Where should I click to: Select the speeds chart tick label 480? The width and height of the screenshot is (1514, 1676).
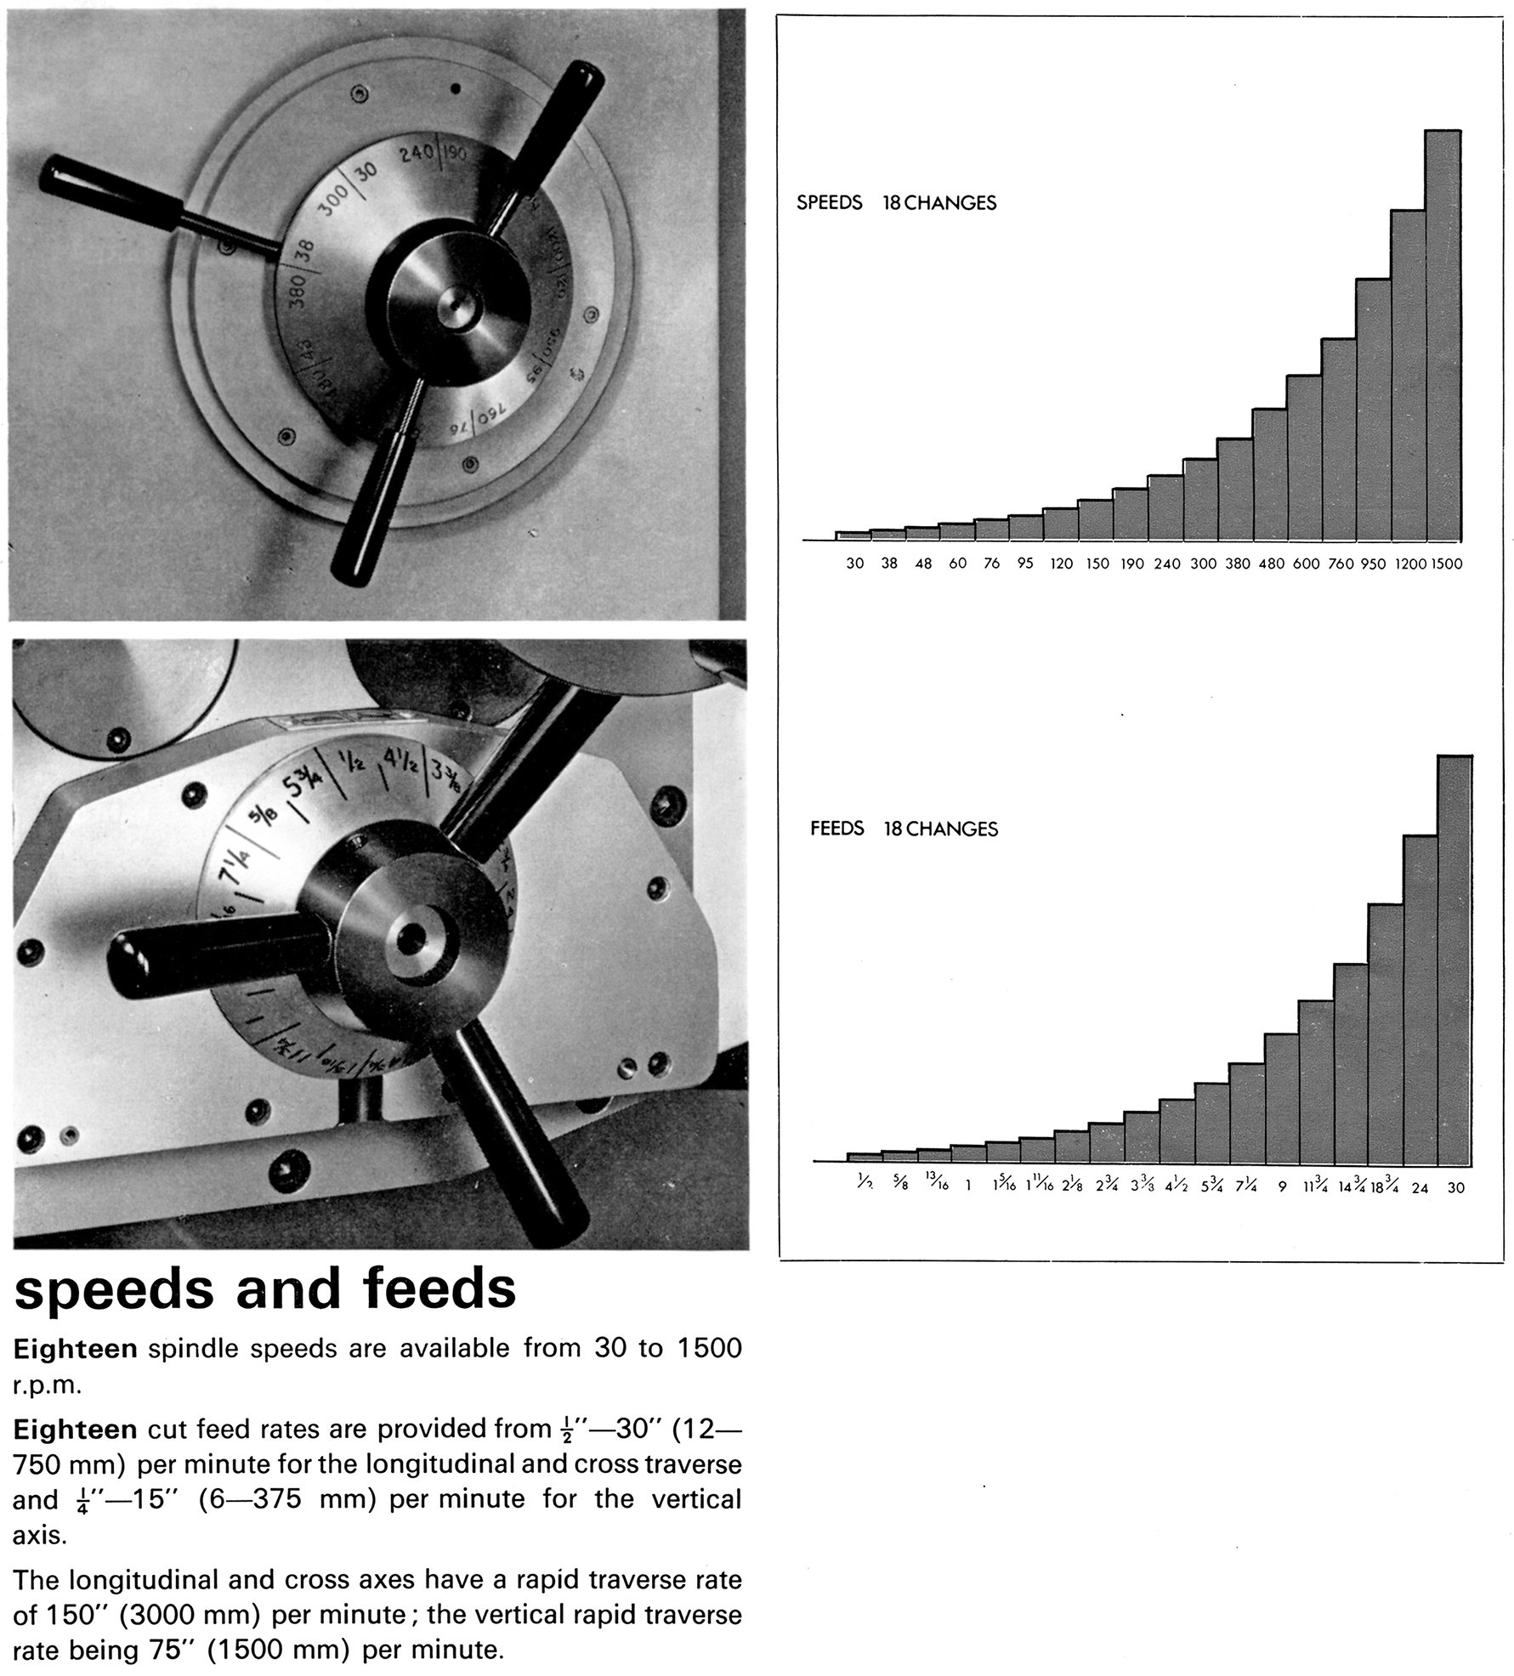(1271, 563)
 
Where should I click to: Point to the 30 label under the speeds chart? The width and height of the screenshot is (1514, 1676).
(854, 563)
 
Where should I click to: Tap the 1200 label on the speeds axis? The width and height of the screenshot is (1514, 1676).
(1409, 563)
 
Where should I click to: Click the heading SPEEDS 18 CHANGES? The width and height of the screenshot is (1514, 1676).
(896, 203)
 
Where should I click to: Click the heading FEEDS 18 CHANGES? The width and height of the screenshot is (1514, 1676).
(904, 829)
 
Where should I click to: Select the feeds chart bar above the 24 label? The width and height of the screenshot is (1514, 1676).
(1420, 1000)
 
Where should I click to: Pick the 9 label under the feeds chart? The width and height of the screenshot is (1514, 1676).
(1282, 1187)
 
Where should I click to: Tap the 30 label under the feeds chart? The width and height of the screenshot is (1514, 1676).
(1455, 1187)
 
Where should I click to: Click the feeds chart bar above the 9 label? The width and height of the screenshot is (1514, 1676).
(1281, 1099)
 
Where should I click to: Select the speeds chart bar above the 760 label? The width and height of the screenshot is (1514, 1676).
(1338, 439)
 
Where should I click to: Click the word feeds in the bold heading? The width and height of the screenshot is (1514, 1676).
(439, 1288)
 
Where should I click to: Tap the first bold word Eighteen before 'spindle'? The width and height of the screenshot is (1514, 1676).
(75, 1349)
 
